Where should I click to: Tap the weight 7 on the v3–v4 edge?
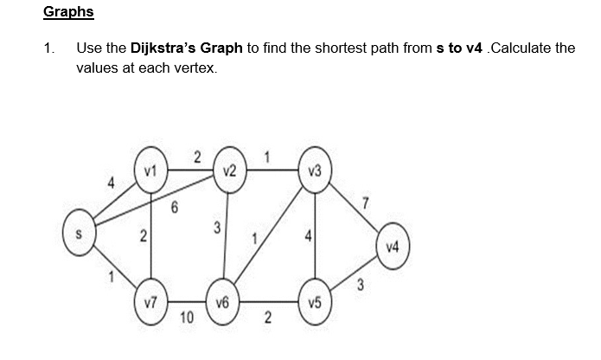point(366,203)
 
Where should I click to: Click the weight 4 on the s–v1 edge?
point(110,183)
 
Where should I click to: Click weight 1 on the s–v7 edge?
point(110,277)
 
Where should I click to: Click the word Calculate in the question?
point(519,48)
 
